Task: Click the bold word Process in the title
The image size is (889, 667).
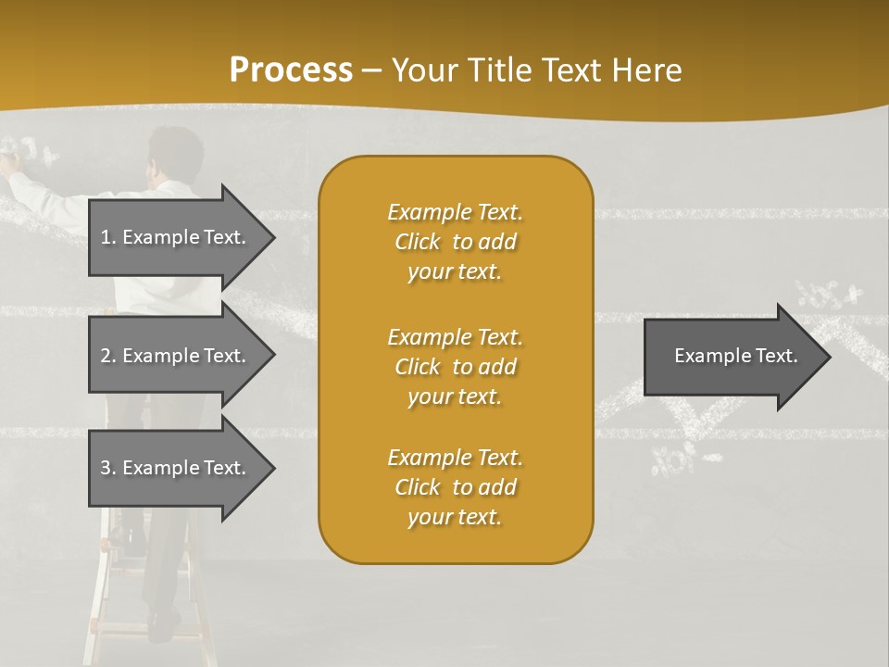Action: pos(291,70)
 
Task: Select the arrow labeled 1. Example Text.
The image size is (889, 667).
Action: pos(176,237)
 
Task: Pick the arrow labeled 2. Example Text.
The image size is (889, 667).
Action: pos(176,356)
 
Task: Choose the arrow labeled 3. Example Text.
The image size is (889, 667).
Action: pos(176,468)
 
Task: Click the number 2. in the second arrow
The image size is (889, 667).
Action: pos(108,356)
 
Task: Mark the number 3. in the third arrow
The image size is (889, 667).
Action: pos(108,468)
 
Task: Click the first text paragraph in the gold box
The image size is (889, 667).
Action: pos(455,242)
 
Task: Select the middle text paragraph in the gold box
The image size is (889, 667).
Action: pos(455,366)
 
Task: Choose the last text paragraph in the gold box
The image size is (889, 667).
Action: pos(455,487)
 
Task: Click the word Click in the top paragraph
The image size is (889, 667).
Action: pos(418,242)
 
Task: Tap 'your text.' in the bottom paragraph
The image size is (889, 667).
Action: pos(455,517)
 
